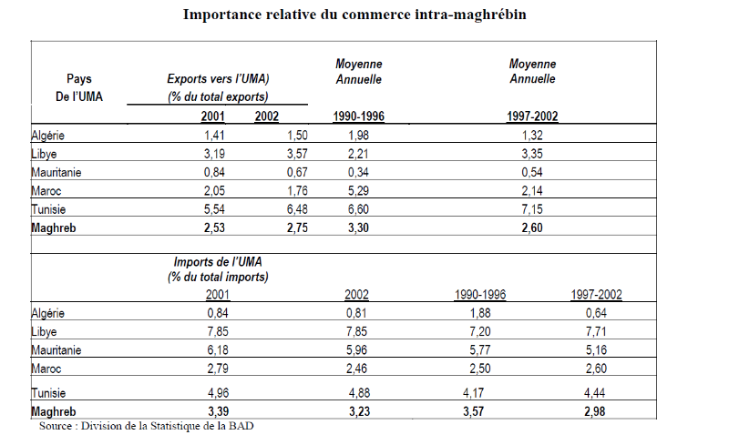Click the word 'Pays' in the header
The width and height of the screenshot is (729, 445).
tap(79, 79)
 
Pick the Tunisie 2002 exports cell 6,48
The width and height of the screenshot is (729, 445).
tap(297, 208)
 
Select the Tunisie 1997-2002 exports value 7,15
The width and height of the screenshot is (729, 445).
tap(530, 208)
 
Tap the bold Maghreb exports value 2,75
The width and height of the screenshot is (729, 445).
tap(297, 227)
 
